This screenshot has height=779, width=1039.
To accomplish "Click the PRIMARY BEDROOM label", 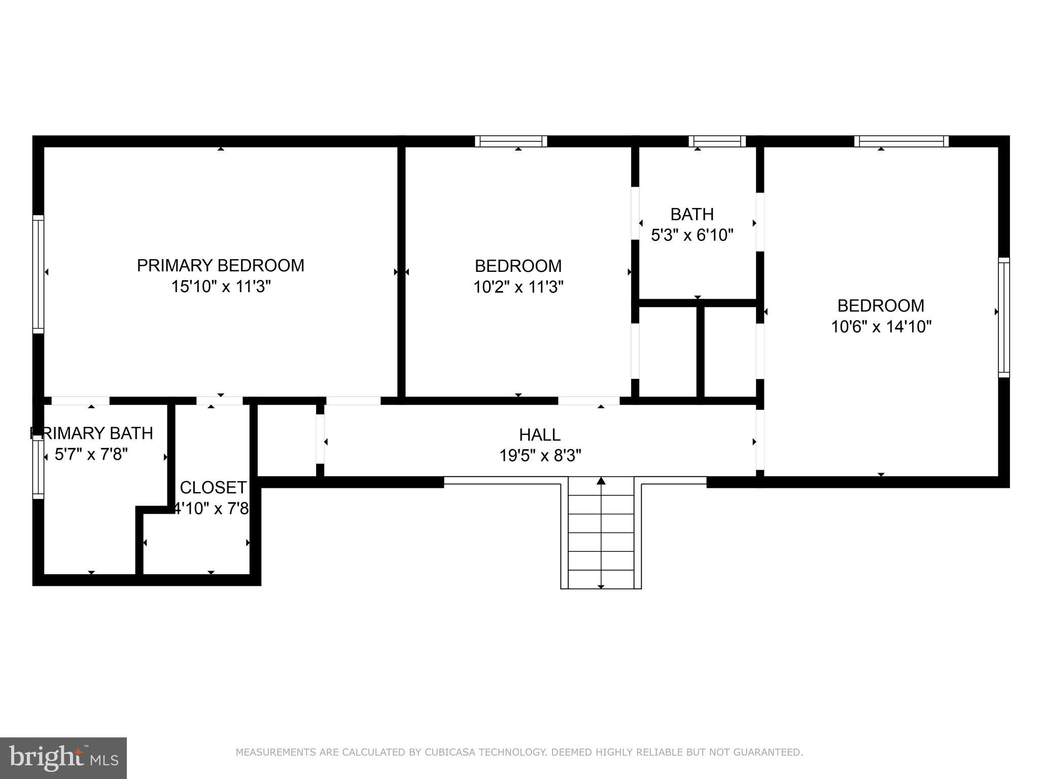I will (x=220, y=266).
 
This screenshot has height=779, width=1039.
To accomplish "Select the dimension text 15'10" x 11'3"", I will (x=220, y=287).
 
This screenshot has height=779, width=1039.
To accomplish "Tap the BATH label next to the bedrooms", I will (x=692, y=215).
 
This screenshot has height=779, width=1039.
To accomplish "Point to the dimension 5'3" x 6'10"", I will (x=692, y=235).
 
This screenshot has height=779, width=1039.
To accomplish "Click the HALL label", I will (x=540, y=435).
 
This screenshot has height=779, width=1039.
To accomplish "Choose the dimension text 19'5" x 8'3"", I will (x=540, y=456).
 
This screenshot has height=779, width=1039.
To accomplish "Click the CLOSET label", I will (x=213, y=487).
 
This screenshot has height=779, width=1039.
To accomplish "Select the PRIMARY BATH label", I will (x=91, y=433).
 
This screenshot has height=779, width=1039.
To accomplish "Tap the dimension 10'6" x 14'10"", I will (x=881, y=327).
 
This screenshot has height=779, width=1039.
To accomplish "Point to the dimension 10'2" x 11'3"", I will (x=518, y=288).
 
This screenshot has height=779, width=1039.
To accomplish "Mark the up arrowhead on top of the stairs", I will (x=601, y=480).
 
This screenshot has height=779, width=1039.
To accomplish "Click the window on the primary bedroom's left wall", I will (x=38, y=274).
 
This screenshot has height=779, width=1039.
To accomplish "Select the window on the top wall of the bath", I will (x=717, y=141).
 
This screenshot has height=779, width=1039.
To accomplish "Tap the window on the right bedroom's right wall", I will (x=1003, y=317).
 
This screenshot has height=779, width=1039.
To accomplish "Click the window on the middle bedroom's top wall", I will (x=511, y=141).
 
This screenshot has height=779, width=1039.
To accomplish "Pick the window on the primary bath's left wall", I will (x=38, y=467).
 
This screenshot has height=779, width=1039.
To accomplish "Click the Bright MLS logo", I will (x=63, y=758).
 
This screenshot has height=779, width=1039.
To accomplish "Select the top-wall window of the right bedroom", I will (x=901, y=141).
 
